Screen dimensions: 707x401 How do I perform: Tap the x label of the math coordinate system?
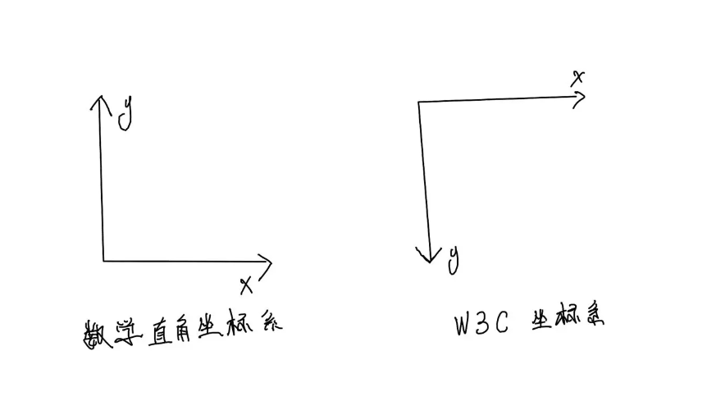click(x=246, y=285)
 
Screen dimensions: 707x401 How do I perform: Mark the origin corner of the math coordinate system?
click(x=103, y=261)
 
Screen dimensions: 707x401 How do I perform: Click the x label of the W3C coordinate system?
click(x=578, y=78)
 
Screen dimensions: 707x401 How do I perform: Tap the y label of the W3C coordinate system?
click(x=454, y=258)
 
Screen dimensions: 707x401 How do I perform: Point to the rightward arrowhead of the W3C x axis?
click(x=580, y=97)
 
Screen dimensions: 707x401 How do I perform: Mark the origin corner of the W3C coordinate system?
click(x=418, y=102)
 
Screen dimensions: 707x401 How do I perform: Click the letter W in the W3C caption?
click(x=465, y=325)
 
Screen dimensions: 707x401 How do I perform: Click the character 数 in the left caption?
click(x=97, y=330)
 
